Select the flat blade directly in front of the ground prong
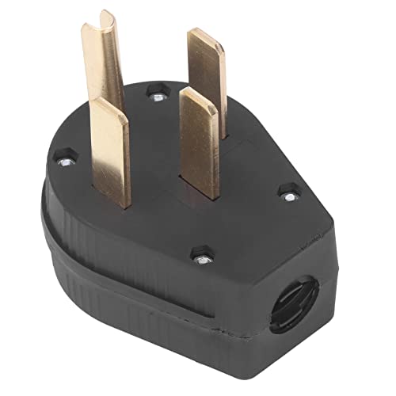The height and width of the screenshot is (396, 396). (109, 150)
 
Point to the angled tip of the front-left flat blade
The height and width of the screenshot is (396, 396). (109, 105)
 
